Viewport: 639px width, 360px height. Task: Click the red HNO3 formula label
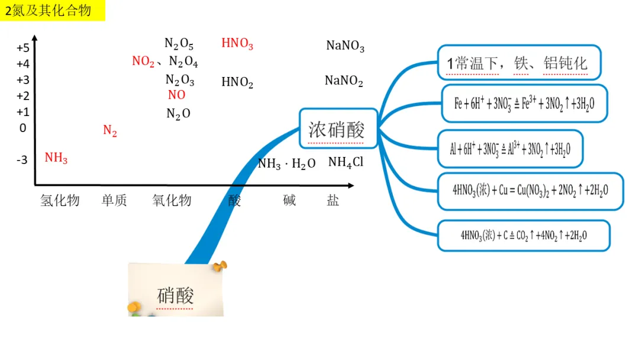click(237, 43)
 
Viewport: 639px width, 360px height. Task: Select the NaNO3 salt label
click(345, 46)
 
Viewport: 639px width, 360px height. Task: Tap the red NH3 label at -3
click(56, 158)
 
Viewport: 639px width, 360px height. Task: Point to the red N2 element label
click(110, 130)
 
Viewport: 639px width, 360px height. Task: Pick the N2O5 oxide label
click(179, 43)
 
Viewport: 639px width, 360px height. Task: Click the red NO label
click(176, 95)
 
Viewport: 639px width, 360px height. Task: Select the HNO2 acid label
click(237, 82)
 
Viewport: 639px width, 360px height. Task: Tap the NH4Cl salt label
click(346, 162)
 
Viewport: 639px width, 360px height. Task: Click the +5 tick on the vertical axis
click(23, 48)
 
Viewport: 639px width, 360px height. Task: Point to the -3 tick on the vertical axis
click(22, 159)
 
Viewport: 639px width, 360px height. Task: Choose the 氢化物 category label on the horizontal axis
click(60, 200)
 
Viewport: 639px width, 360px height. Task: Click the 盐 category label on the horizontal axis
click(333, 200)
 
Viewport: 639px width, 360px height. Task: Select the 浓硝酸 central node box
click(338, 128)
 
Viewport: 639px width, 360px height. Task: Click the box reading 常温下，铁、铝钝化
click(519, 63)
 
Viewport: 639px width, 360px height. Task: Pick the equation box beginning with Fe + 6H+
click(524, 104)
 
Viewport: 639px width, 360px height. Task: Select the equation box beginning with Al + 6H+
click(510, 149)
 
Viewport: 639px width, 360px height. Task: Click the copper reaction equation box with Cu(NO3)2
click(530, 191)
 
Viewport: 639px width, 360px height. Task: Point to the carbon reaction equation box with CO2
click(524, 235)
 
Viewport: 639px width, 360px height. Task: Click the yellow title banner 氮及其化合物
click(52, 11)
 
